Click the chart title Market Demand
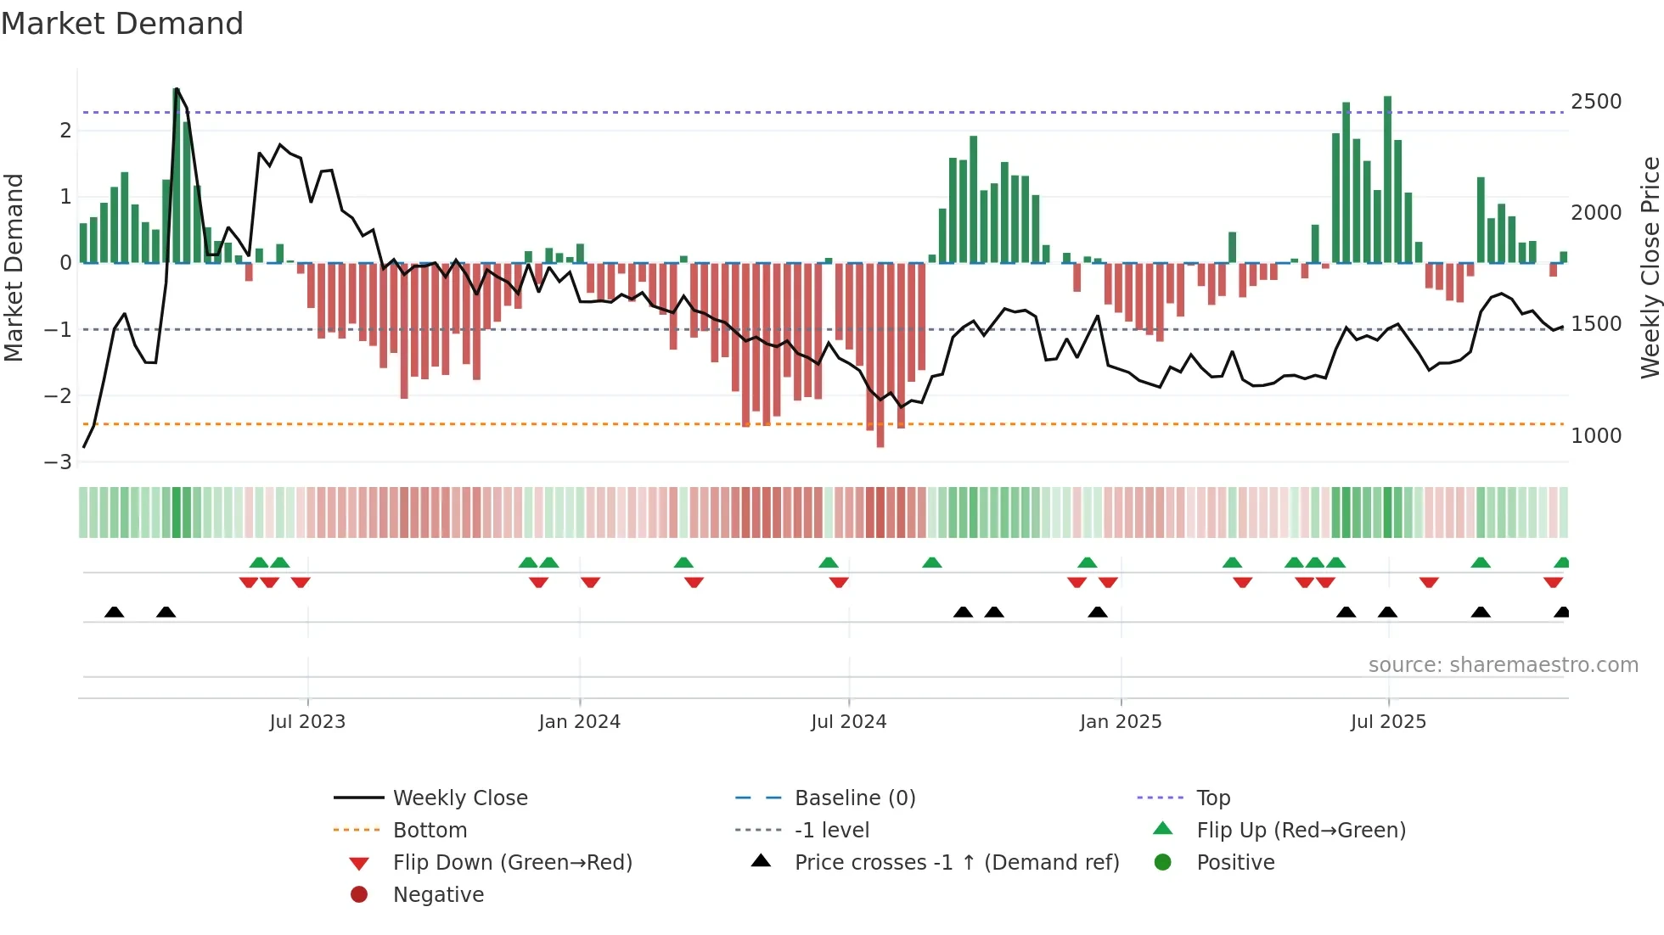pyautogui.click(x=122, y=24)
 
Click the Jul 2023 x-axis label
pyautogui.click(x=307, y=722)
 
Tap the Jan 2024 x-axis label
pyautogui.click(x=579, y=722)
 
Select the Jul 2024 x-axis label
pyautogui.click(x=848, y=722)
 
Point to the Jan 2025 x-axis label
pyautogui.click(x=1120, y=722)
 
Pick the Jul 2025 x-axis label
pyautogui.click(x=1388, y=722)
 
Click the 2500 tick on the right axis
pyautogui.click(x=1596, y=102)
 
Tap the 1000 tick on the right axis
pyautogui.click(x=1596, y=436)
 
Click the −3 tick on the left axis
pyautogui.click(x=59, y=462)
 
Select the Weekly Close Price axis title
pyautogui.click(x=1650, y=267)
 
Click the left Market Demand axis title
pyautogui.click(x=14, y=267)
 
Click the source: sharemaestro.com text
pyautogui.click(x=1503, y=665)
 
